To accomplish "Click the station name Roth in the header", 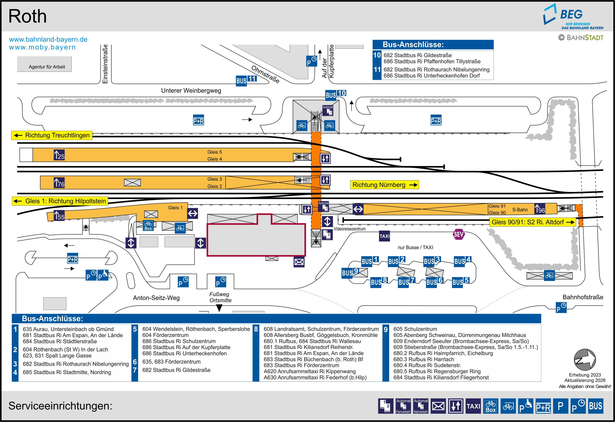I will [28, 16].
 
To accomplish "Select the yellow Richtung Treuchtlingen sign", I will [52, 135].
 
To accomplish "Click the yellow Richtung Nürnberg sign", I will [384, 185].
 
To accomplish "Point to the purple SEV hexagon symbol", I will [458, 234].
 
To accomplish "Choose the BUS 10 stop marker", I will [335, 94].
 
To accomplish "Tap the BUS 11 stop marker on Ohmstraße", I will [246, 80].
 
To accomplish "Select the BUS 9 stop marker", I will [350, 272].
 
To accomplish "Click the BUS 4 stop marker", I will [462, 261].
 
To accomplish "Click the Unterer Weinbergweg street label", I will [191, 91].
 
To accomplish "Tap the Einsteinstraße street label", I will [105, 64].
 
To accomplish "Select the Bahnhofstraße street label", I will [583, 297].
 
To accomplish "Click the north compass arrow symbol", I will [585, 360].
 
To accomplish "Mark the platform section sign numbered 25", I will [59, 155].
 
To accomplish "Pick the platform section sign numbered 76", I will [59, 183].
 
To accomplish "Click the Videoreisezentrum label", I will [349, 229].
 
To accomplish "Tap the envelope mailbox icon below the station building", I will [299, 262].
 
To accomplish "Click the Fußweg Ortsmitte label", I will [220, 297].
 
